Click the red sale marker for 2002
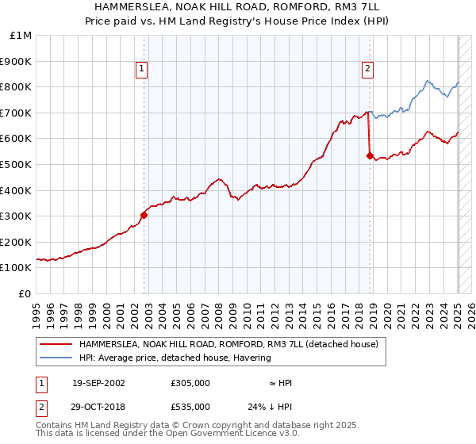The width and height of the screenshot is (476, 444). (x=144, y=214)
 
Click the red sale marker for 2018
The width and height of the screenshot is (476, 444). (x=370, y=156)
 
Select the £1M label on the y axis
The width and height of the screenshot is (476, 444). (x=21, y=35)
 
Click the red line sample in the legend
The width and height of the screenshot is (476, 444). (x=56, y=345)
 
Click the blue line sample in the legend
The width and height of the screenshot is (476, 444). (x=56, y=358)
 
